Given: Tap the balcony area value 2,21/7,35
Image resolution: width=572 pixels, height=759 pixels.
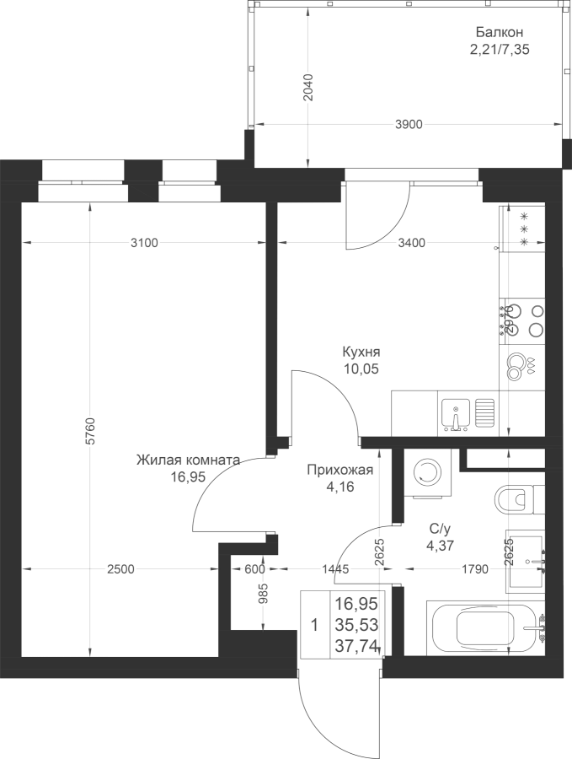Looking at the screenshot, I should coord(499,49).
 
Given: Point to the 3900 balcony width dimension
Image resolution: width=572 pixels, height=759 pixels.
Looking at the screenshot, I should coord(408,125).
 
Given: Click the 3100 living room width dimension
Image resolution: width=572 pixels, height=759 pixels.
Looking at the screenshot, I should coord(143,244).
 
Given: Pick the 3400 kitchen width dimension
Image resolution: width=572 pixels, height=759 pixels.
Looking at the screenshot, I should coord(410,244).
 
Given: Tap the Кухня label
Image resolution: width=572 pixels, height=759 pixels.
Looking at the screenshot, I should coord(361,353).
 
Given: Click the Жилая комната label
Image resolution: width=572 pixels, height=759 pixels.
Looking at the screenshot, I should coord(188,460).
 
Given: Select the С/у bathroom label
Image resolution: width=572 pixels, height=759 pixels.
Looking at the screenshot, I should coord(440,530).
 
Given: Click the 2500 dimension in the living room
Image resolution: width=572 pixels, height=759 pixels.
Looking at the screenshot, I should coord(120,570).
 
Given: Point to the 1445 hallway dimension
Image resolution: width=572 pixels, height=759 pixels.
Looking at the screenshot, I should coord(335,570).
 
